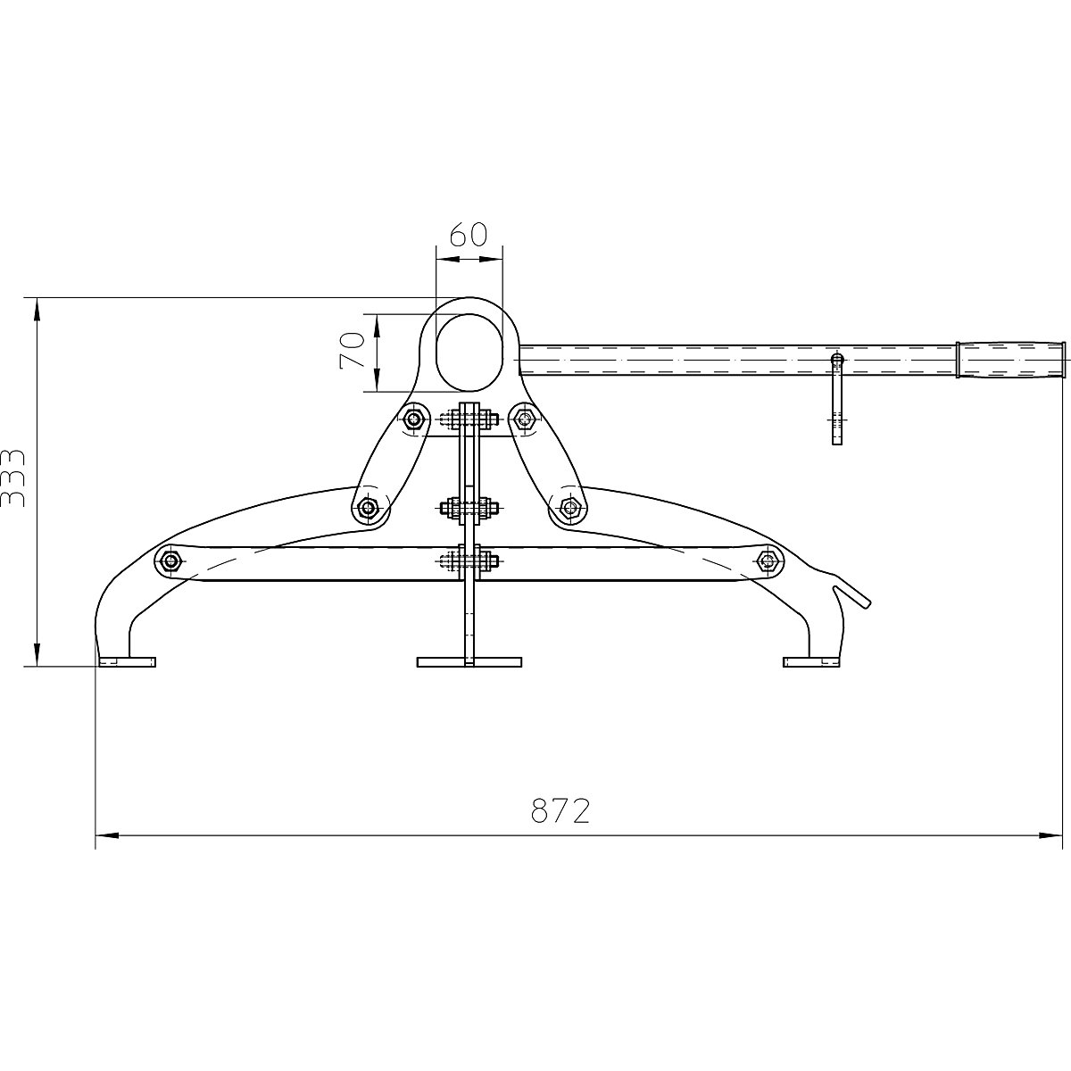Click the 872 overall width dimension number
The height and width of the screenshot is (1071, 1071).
[560, 810]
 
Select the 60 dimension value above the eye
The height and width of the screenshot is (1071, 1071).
[468, 235]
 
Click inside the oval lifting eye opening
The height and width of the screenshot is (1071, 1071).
[469, 353]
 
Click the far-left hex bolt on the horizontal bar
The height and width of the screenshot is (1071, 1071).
[169, 560]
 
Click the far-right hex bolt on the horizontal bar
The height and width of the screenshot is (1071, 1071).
[766, 560]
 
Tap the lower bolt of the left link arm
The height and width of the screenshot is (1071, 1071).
[368, 509]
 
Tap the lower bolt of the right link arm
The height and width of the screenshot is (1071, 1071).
[569, 509]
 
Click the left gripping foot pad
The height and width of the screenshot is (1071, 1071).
[127, 662]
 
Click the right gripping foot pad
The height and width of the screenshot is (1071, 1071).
[810, 662]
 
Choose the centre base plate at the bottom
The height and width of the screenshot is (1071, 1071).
[469, 662]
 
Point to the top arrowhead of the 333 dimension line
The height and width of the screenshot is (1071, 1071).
[37, 309]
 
